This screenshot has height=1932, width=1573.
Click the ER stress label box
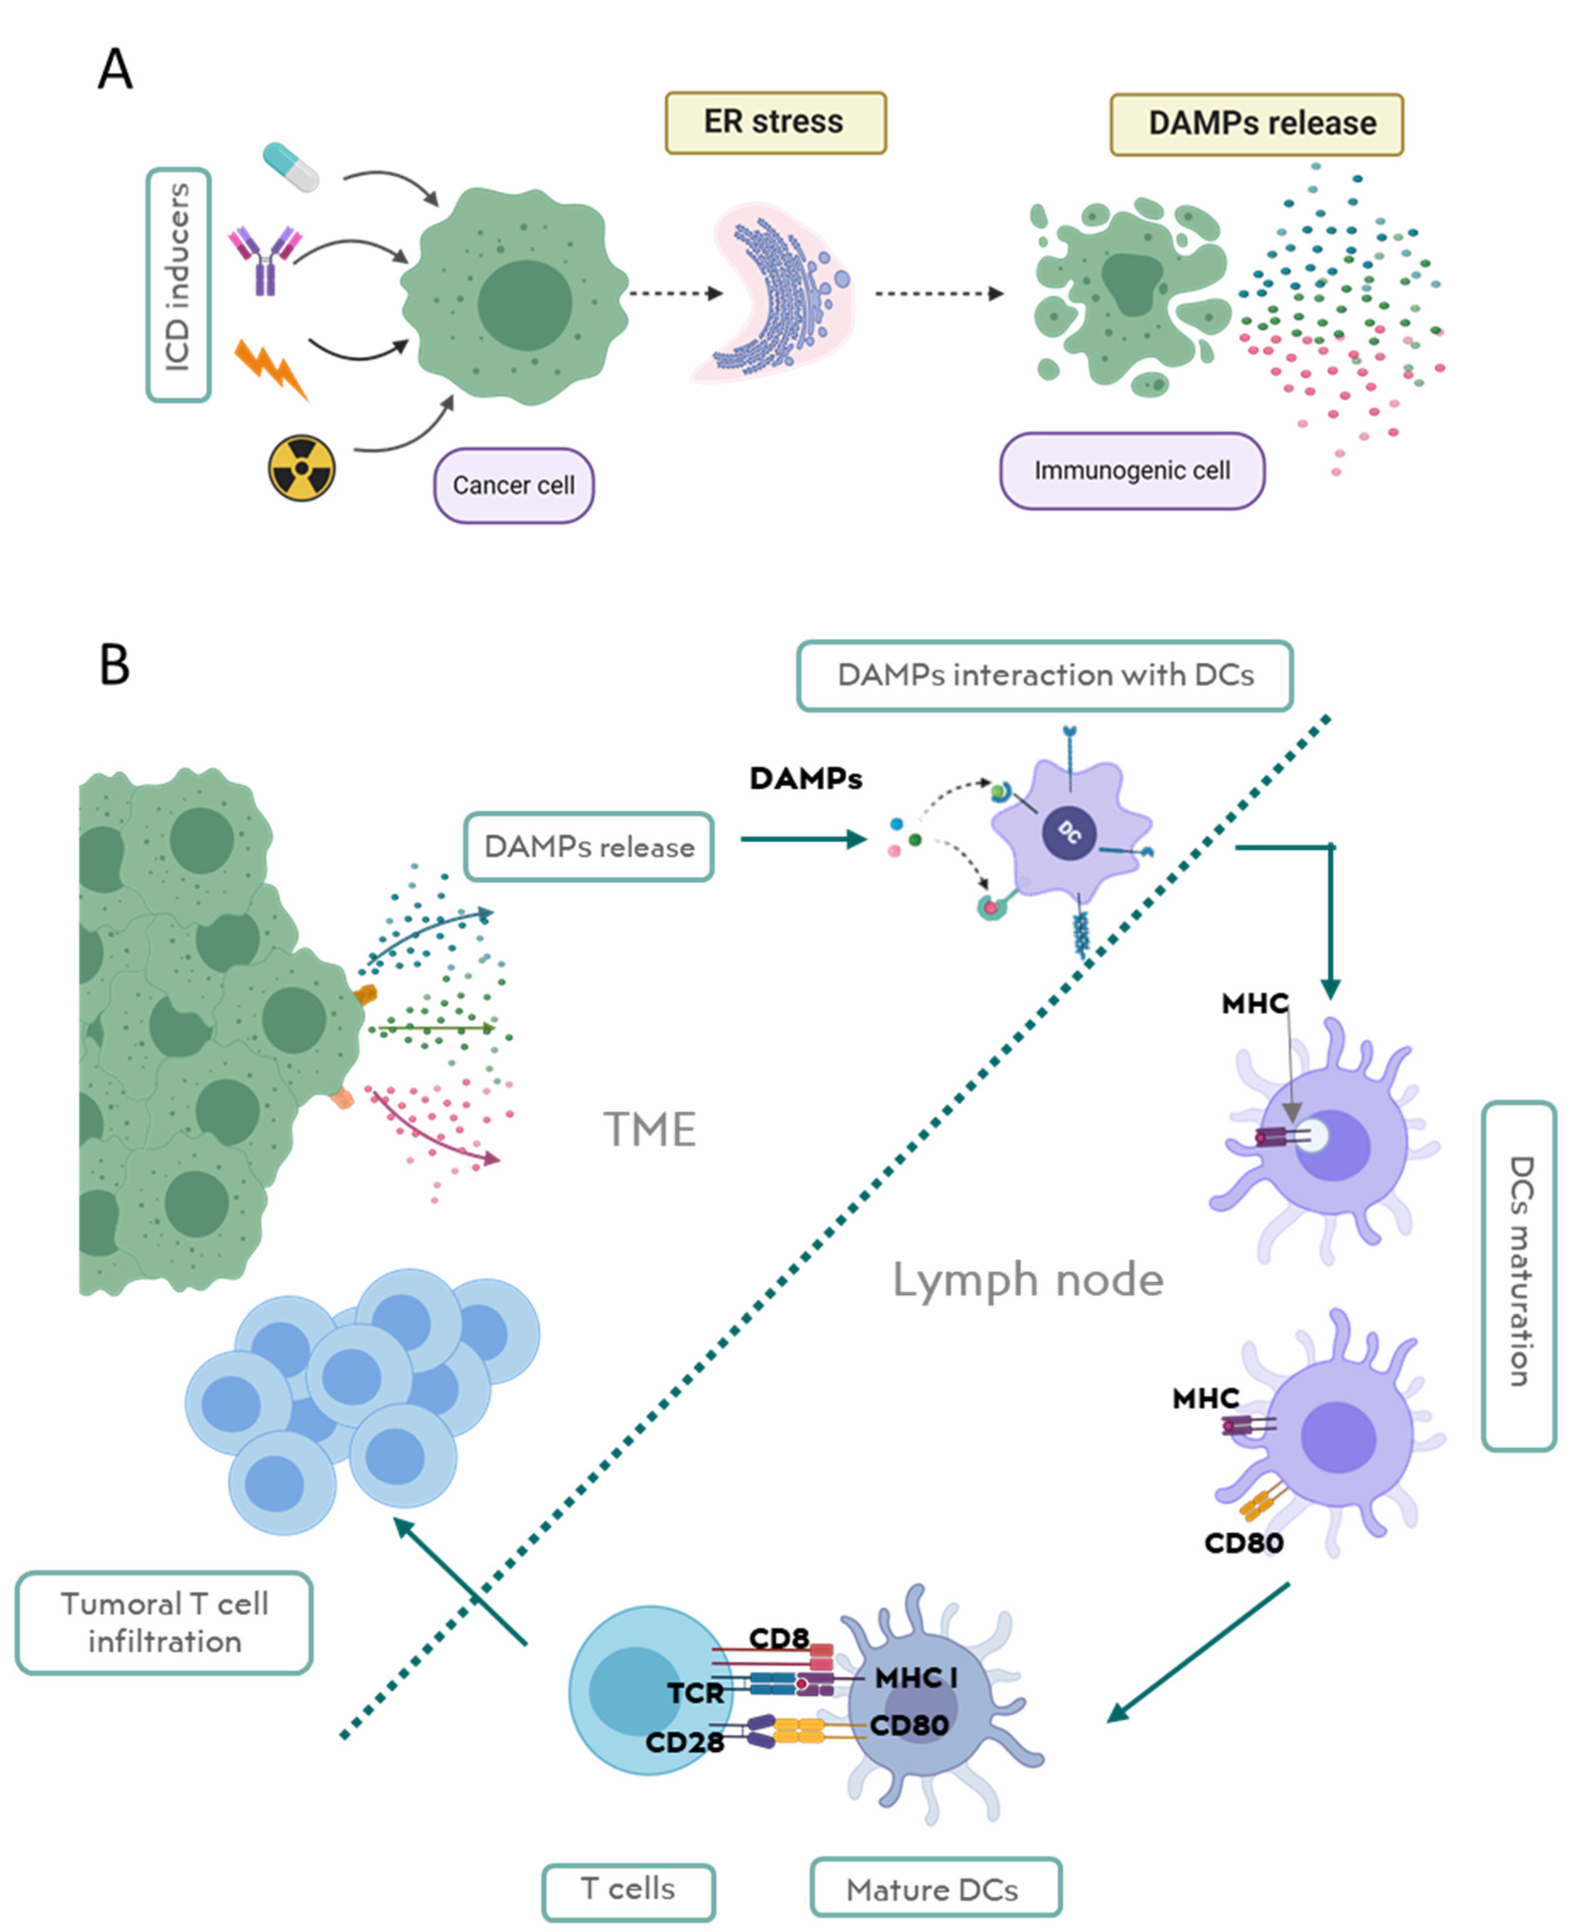[x=775, y=122]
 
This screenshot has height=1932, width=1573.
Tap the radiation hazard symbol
[x=301, y=468]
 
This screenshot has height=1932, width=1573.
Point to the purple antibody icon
[x=265, y=260]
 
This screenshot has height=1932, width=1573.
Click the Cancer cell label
[x=513, y=486]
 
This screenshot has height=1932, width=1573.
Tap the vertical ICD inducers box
[x=178, y=285]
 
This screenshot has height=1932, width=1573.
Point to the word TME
[x=650, y=1130]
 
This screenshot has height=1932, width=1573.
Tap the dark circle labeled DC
[x=1069, y=832]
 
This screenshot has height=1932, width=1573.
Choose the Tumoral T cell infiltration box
[x=164, y=1622]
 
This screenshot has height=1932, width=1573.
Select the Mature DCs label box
[x=934, y=1889]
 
